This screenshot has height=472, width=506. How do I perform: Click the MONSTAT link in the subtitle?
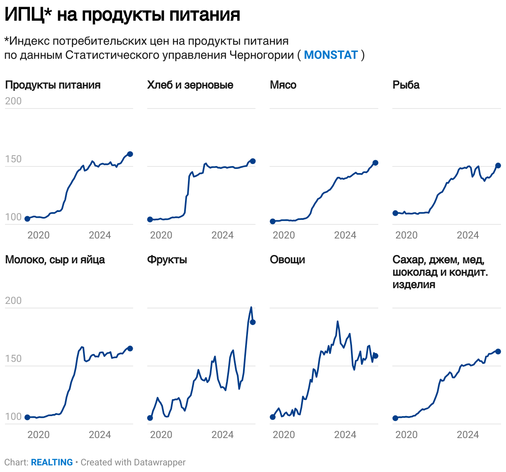point(331,55)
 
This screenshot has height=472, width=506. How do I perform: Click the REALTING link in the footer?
point(52,462)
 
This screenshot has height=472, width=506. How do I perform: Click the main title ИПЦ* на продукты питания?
point(122,15)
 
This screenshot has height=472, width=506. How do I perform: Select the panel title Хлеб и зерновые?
point(190,85)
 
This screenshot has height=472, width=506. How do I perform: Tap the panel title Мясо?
point(283,85)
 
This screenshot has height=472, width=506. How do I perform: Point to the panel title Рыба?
point(406,85)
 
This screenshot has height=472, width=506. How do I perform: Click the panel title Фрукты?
point(167,260)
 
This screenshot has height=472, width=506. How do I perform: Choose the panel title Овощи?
point(287,260)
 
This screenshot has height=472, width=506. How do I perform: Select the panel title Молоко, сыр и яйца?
point(55,260)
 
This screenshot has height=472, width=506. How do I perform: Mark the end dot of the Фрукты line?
point(253,322)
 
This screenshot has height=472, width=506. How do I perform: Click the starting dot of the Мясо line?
point(272,222)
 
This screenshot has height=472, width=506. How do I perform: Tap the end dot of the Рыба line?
point(498,166)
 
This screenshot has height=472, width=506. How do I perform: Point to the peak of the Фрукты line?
point(251,307)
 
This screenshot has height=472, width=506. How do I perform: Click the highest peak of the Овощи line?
point(338,321)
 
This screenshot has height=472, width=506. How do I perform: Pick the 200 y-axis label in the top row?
point(13,101)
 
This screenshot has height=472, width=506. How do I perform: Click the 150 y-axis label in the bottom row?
point(13,359)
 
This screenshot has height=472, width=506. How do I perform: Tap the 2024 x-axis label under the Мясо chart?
point(345,235)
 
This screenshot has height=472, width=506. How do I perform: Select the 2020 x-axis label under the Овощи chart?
point(284,435)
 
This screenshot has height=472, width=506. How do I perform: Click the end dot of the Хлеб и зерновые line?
point(253,161)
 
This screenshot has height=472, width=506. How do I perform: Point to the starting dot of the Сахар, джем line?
point(395,418)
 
